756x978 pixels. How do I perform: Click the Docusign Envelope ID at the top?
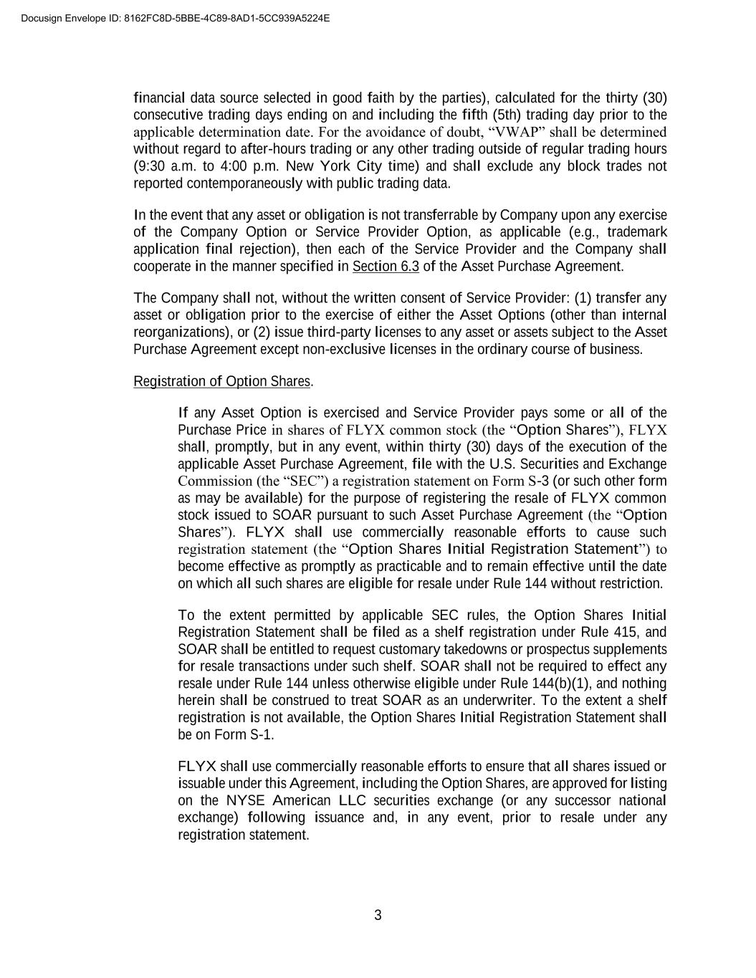point(176,18)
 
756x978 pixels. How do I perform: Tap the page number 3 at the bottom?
point(378,915)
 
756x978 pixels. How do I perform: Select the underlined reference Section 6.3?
point(386,267)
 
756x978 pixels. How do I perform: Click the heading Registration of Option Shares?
point(222,381)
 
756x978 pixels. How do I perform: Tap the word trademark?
point(637,232)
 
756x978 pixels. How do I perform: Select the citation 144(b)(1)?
point(554,684)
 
